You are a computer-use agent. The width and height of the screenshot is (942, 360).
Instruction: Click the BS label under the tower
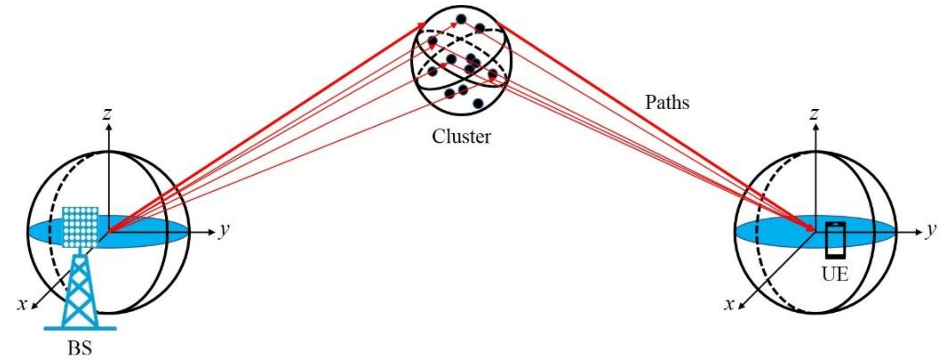tap(80, 348)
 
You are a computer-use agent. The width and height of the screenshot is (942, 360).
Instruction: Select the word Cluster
tap(461, 136)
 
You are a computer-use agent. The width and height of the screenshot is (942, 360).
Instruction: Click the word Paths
tap(667, 102)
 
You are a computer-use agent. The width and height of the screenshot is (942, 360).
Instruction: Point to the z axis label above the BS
tap(107, 114)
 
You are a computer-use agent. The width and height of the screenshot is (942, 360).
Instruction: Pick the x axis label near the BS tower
tap(23, 304)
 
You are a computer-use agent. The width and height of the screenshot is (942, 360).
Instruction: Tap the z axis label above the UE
tap(814, 114)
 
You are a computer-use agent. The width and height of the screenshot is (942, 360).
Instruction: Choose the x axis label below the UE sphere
tap(730, 304)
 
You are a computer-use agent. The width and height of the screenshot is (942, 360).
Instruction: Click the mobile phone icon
tap(835, 240)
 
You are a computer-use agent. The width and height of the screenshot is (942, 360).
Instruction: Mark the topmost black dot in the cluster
tap(462, 19)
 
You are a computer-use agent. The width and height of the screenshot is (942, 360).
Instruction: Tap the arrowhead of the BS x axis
tap(34, 306)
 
